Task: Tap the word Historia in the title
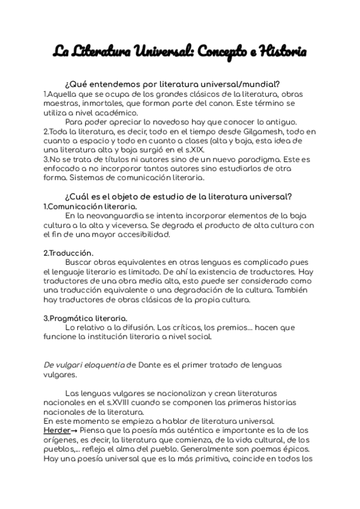281,53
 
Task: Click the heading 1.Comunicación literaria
86,206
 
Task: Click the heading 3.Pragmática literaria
86,318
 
